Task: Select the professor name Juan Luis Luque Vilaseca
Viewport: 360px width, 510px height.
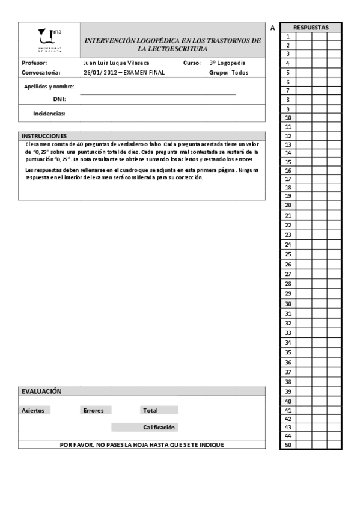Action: pyautogui.click(x=118, y=63)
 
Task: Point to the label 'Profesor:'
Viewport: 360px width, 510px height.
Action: pyautogui.click(x=34, y=63)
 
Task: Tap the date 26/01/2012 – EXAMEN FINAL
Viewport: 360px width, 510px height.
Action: pyautogui.click(x=124, y=73)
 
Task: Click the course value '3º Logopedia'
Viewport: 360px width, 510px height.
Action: pyautogui.click(x=227, y=63)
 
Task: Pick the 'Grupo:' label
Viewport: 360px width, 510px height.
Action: pyautogui.click(x=219, y=73)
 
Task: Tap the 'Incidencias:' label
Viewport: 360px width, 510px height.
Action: pyautogui.click(x=49, y=113)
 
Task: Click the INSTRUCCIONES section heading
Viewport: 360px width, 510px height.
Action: pyautogui.click(x=44, y=135)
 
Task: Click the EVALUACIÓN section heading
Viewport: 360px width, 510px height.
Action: pyautogui.click(x=41, y=391)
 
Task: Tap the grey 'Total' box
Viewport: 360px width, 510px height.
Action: pyautogui.click(x=159, y=410)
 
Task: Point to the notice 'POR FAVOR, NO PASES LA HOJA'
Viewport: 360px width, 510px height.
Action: pyautogui.click(x=142, y=444)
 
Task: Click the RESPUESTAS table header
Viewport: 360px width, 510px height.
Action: pyautogui.click(x=311, y=28)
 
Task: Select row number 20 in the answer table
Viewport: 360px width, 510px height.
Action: pyautogui.click(x=288, y=205)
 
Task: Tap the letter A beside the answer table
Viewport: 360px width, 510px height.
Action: pyautogui.click(x=272, y=28)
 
